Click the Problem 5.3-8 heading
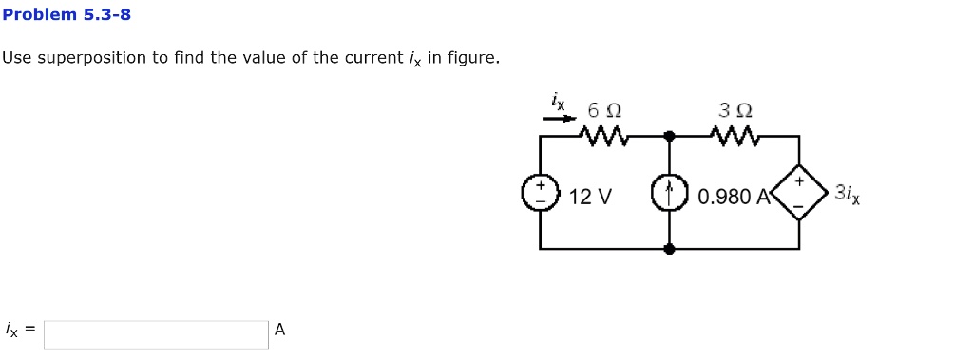67,14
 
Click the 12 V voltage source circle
540,195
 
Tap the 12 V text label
591,197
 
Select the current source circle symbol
669,195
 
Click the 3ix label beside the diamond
847,194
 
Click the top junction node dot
669,136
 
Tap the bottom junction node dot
669,249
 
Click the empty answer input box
156,333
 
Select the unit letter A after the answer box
279,331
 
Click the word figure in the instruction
472,58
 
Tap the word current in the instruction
372,58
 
